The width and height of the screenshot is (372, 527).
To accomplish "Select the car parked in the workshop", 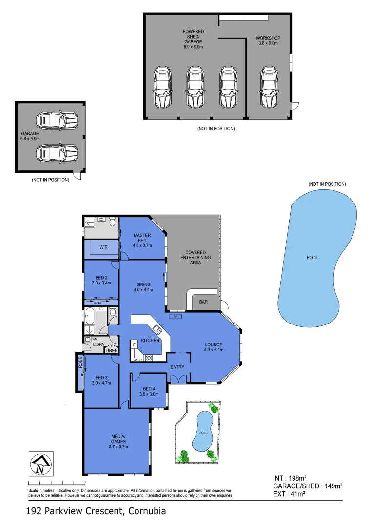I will tap(269, 88).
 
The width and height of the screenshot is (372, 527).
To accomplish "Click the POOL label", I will tap(312, 257).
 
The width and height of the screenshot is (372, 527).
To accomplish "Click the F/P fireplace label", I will tap(176, 317).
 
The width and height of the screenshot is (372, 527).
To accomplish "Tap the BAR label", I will tap(203, 302).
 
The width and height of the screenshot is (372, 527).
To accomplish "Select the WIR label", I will tap(103, 247).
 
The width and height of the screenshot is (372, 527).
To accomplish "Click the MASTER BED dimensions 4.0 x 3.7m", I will tap(142, 245).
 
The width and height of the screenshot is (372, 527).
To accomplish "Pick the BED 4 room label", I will tap(149, 388).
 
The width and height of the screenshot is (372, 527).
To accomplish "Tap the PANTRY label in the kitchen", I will tap(137, 360).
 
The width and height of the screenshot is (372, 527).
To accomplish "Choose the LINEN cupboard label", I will tap(112, 350).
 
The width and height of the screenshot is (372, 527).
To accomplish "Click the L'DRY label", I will tap(98, 345).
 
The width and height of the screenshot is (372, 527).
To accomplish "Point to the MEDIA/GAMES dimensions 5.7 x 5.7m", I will tap(118, 446).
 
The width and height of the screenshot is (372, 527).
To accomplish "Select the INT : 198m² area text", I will tap(289, 478).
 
